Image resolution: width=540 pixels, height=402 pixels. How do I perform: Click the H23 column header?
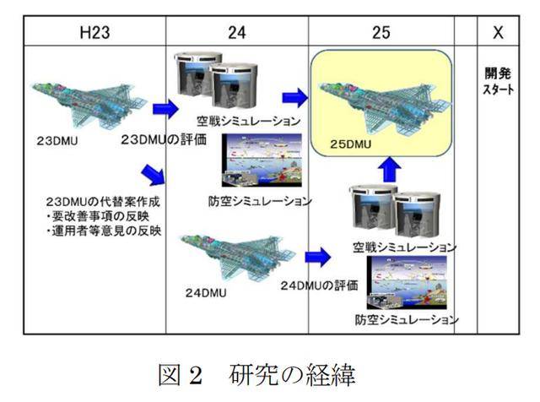pos(94,32)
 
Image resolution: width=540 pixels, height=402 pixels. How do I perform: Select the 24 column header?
pos(237,32)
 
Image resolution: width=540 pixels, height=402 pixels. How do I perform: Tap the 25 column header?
pos(381,32)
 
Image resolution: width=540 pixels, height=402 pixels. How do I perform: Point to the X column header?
pos(498,32)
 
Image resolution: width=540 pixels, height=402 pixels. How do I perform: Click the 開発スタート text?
pos(498,81)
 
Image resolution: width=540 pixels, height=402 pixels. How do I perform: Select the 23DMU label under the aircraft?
pos(57,141)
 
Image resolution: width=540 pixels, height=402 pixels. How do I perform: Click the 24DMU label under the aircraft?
pos(206,293)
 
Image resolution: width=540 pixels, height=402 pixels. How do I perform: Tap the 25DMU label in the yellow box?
pos(351,144)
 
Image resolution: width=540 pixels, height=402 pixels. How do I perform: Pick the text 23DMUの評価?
pos(164,139)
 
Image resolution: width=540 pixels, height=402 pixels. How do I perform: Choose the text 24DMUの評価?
pos(319,285)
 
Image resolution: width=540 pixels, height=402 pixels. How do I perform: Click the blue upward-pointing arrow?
pos(389,170)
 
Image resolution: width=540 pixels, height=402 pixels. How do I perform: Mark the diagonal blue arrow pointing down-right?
pos(154,175)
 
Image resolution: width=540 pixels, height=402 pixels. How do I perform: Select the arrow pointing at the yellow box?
pos(295,98)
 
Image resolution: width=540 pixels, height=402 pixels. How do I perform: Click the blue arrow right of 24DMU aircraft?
pos(318,257)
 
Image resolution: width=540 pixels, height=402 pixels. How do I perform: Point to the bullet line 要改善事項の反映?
pos(98,216)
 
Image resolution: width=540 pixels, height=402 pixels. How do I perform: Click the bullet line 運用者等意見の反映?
pos(104,231)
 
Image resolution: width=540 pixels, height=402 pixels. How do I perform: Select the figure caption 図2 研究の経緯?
pos(256,375)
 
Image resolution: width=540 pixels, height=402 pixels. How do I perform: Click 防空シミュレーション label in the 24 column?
pos(260,201)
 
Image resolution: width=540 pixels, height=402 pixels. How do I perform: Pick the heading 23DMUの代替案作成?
pos(103,202)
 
